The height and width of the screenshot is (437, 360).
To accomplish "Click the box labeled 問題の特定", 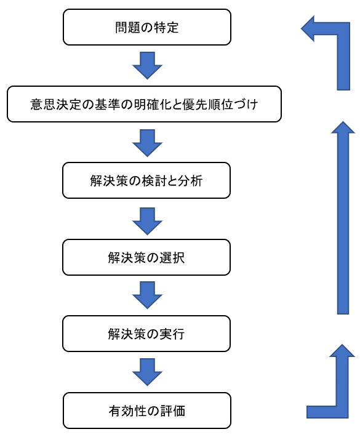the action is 147,27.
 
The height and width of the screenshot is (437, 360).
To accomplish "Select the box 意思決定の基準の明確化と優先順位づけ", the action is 144,104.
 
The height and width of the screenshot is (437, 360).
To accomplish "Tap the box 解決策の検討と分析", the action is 146,180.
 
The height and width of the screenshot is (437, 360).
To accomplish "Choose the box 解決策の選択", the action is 146,257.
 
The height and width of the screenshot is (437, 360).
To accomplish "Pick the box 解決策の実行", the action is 146,334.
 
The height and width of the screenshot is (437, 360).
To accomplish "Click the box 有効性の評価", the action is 147,411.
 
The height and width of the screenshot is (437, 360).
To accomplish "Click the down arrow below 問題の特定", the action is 147,65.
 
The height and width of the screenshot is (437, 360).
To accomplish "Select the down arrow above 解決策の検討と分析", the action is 147,143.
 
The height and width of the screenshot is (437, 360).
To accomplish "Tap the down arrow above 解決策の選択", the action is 147,221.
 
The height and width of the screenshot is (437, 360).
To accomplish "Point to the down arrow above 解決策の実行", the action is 147,295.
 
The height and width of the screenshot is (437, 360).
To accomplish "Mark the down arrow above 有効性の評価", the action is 147,372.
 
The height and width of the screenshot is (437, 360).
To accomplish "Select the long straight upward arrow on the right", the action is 343,218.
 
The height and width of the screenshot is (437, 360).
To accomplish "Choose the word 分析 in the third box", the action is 190,181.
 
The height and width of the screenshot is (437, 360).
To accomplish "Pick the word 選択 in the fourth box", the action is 172,257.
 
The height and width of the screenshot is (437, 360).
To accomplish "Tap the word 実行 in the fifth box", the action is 172,334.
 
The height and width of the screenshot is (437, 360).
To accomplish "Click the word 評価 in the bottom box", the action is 173,411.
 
